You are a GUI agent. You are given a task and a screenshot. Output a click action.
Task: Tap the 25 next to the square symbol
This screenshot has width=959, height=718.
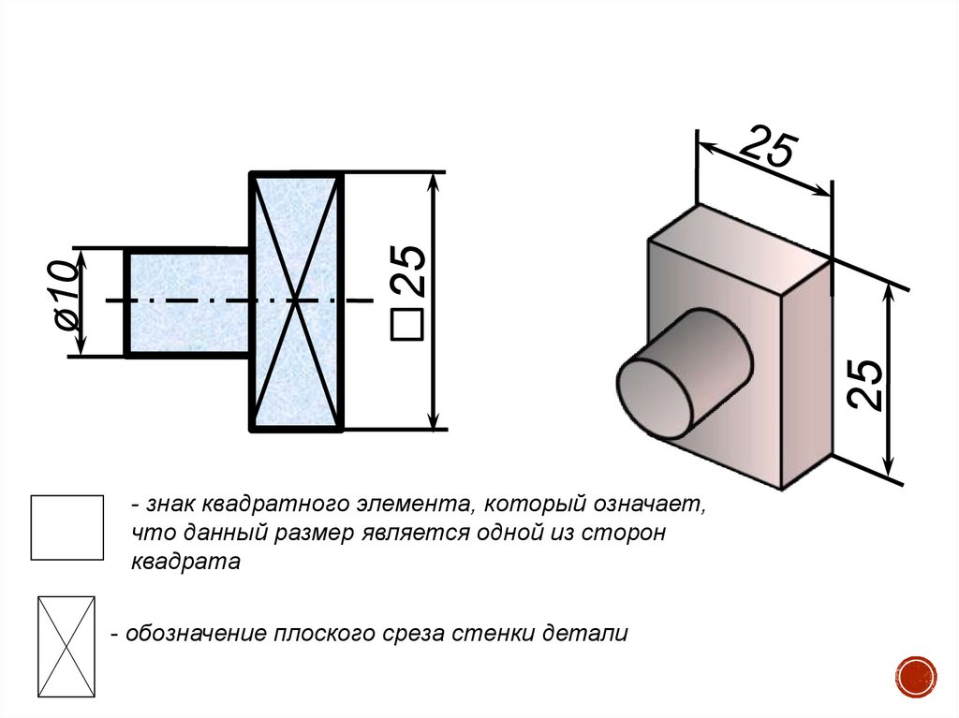[x=408, y=271]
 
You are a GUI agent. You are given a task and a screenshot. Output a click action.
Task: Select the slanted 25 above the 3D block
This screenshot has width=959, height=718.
[x=768, y=147]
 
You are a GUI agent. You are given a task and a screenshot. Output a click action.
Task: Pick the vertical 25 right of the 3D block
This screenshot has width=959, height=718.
[x=865, y=384]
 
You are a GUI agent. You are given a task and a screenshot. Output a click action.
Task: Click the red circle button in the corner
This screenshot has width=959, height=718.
[x=916, y=677]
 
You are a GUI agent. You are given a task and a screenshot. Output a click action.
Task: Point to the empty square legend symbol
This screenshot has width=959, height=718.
[x=67, y=528]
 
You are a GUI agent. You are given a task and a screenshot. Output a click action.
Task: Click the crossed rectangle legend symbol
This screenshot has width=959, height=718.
[x=66, y=647]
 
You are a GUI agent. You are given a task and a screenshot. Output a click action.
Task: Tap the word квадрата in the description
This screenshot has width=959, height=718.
[x=186, y=562]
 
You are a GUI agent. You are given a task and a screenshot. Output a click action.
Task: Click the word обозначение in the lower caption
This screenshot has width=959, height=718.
[x=197, y=634]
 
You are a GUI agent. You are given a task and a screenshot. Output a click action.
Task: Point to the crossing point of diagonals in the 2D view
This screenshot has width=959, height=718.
[x=296, y=300]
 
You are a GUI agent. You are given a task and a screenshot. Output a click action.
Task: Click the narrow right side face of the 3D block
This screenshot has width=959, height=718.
[x=806, y=374]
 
